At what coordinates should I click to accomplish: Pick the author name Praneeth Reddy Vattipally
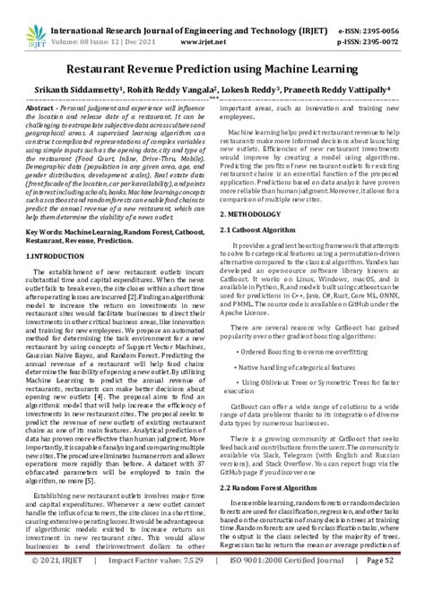[x=341, y=90]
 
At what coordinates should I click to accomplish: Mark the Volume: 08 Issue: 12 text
[x=92, y=28]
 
